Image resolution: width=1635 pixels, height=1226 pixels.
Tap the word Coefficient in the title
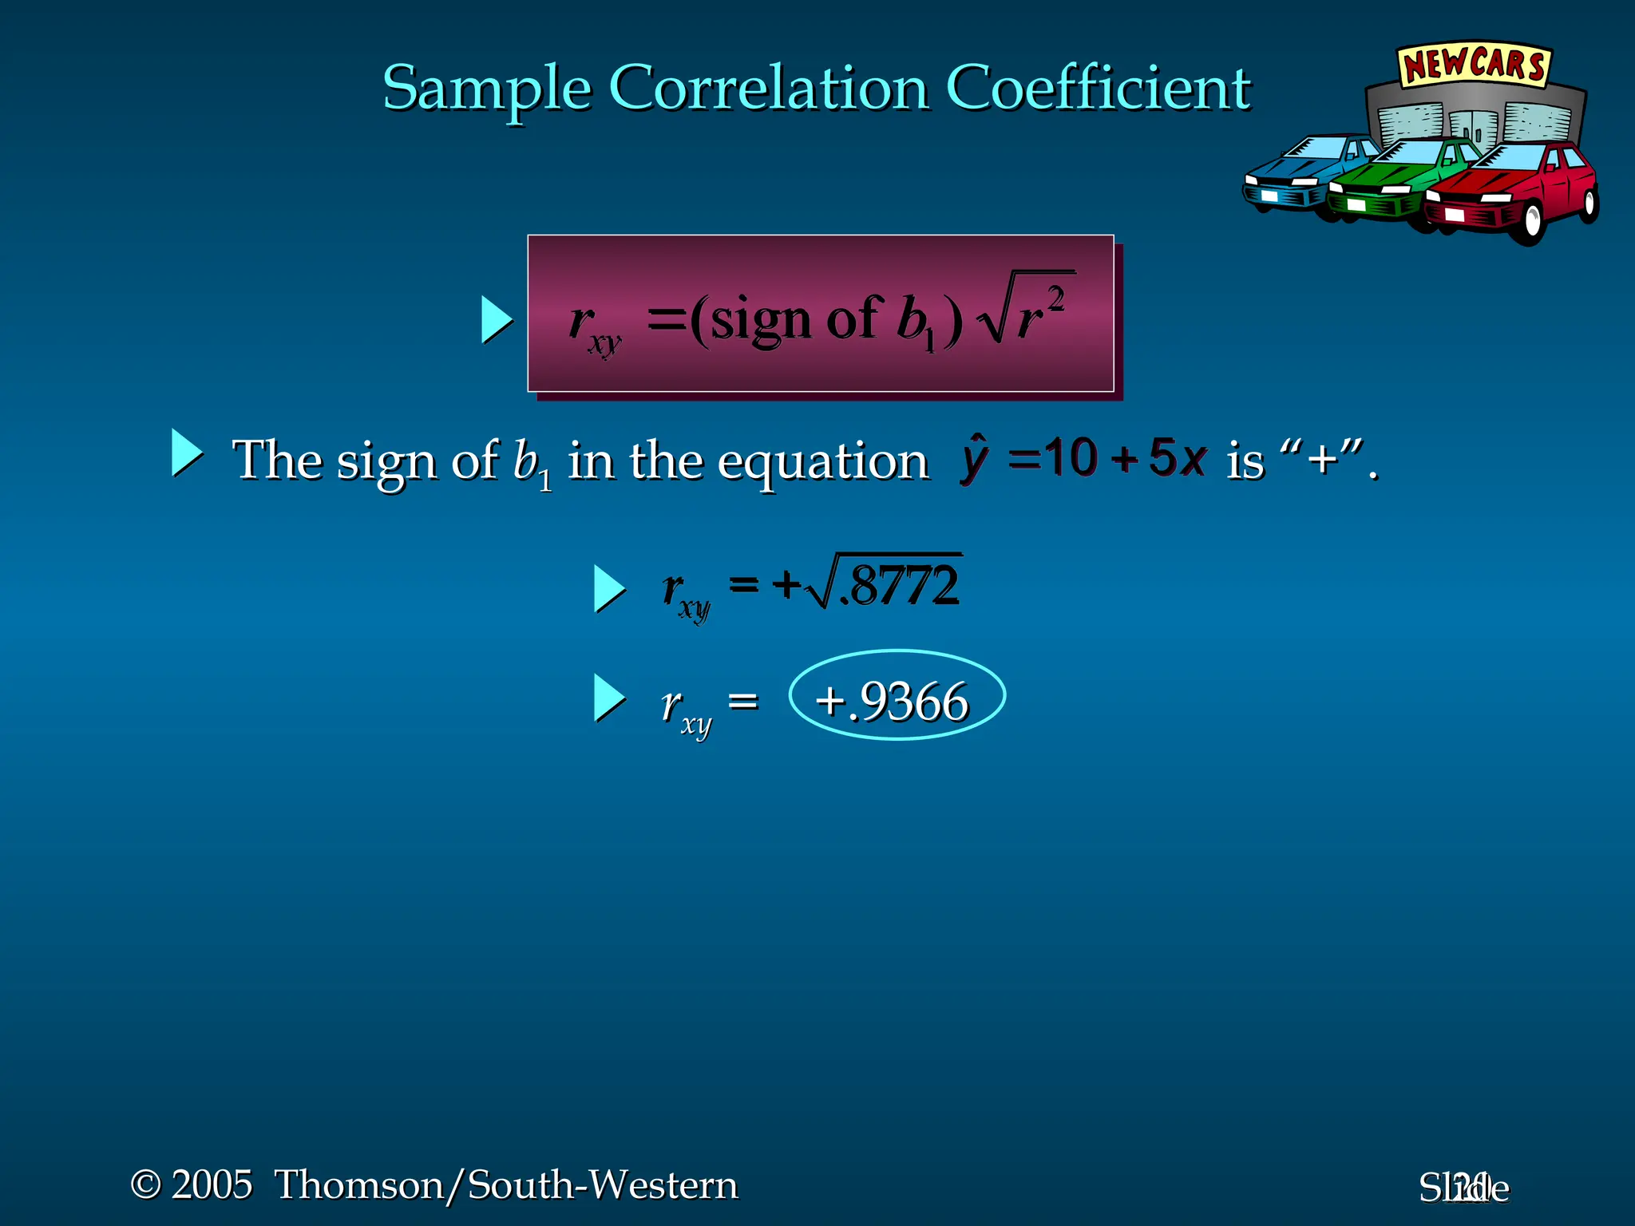(1098, 88)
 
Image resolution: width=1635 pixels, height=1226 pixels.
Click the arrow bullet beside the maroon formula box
(496, 320)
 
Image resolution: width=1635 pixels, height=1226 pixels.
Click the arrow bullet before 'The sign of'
(187, 453)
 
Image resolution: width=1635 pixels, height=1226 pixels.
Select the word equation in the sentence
(822, 462)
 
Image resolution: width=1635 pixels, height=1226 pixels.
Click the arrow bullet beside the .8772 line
(609, 589)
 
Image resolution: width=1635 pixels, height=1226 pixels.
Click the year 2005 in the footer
(212, 1184)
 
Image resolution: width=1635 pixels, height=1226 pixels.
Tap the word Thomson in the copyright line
(358, 1184)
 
